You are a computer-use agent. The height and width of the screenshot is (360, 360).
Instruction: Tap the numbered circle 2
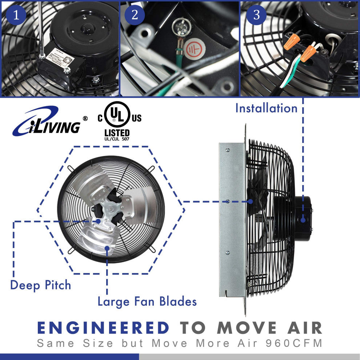[135, 15]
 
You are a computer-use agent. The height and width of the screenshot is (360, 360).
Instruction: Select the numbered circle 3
[257, 15]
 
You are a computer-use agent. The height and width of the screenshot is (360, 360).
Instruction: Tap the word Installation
[266, 108]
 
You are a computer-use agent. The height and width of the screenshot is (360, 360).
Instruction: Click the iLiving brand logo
[47, 122]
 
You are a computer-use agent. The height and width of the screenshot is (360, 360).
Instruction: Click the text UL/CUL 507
[117, 139]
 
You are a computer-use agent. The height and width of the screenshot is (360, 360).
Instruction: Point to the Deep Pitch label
[41, 285]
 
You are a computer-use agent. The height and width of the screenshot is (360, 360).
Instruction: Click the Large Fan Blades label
[147, 301]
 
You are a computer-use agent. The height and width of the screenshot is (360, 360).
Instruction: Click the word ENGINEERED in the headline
[103, 328]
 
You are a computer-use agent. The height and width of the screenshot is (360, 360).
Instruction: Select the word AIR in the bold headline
[302, 328]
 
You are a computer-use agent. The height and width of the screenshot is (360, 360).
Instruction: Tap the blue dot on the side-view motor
[303, 219]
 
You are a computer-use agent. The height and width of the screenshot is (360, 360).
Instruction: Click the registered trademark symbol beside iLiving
[85, 119]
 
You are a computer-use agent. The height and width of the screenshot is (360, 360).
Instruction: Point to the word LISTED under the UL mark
[117, 132]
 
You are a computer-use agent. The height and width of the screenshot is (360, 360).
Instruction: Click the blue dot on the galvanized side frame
[227, 201]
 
